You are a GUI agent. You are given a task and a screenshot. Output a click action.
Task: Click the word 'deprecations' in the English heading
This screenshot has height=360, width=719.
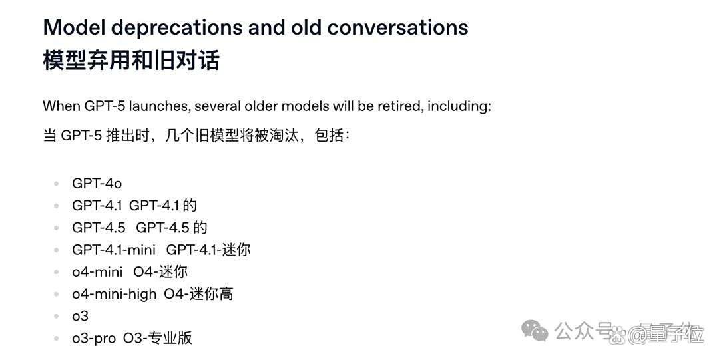[x=176, y=28]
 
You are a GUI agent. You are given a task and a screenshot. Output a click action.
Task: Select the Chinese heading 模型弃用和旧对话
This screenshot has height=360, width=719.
[x=131, y=60]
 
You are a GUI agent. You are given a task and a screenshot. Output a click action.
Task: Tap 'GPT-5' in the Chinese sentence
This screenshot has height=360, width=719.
[x=81, y=136]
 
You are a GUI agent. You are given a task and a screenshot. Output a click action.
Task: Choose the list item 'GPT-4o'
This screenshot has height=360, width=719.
[x=97, y=184]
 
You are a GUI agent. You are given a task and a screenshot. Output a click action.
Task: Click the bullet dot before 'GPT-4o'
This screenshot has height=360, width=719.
[x=57, y=184]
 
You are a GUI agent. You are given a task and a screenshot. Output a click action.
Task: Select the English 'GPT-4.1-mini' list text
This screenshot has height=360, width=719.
[x=114, y=250]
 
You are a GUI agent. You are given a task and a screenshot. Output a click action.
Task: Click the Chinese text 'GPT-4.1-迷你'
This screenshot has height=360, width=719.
[x=208, y=250]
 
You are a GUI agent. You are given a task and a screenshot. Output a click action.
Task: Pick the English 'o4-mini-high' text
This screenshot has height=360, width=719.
[x=115, y=294]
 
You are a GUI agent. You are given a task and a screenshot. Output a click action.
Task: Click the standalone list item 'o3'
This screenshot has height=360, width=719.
[x=81, y=316]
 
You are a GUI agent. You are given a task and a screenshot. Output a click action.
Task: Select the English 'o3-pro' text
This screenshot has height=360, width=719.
[x=94, y=339]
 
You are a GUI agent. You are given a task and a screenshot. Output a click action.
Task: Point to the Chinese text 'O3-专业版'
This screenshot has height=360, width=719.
[x=157, y=338]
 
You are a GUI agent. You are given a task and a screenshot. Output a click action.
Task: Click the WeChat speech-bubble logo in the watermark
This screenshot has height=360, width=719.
[x=535, y=331]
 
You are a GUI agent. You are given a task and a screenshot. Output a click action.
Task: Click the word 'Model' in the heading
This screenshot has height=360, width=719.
[x=74, y=27]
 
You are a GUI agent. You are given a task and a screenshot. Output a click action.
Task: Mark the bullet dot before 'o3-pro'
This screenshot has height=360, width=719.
[x=57, y=339]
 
